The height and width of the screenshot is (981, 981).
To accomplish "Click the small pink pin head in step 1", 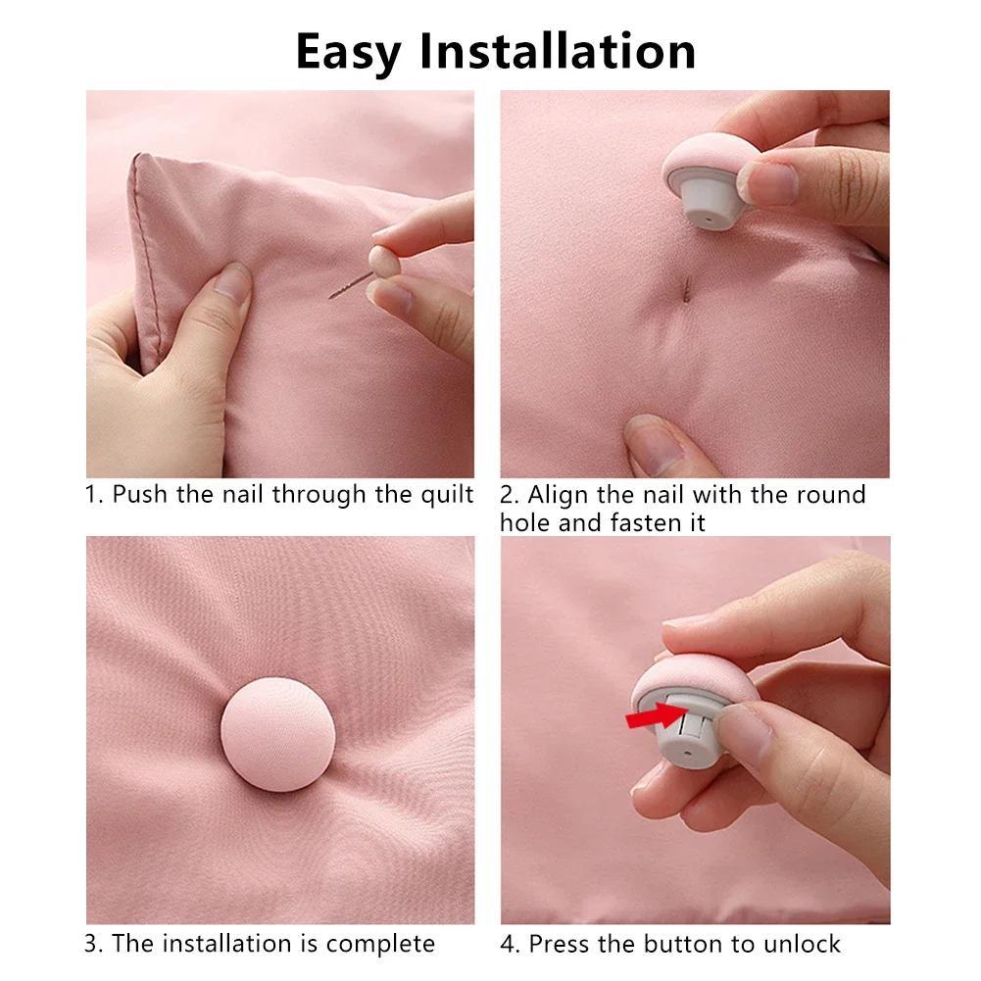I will (378, 261).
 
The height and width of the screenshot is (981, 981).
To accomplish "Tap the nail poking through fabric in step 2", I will (687, 288).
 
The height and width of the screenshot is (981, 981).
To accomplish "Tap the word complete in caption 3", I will (380, 945).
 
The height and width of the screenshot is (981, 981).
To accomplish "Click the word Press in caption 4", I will (562, 945).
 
